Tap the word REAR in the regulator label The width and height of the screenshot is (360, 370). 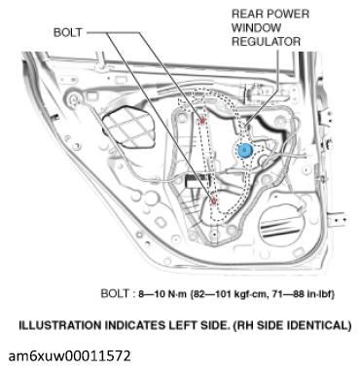tap(252, 15)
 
